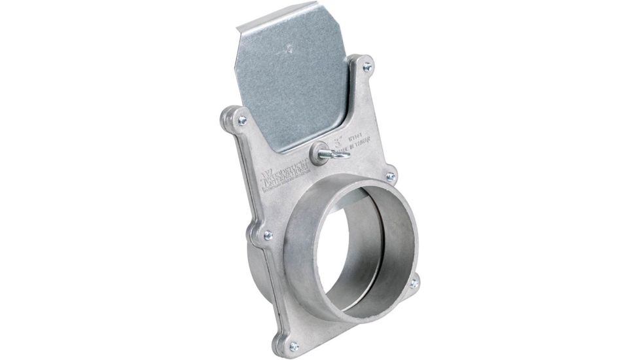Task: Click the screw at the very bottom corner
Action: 294,345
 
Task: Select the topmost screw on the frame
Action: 367,67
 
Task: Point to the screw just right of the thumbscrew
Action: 391,177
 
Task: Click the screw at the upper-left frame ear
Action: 242,120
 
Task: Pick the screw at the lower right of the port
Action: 414,283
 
